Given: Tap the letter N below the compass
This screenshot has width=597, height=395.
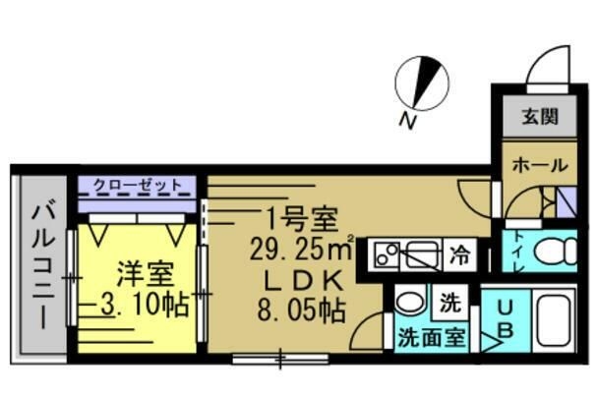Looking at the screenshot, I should [405, 122].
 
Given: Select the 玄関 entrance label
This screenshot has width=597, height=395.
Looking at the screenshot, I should [539, 117].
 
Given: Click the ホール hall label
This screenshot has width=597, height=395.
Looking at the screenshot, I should [539, 165].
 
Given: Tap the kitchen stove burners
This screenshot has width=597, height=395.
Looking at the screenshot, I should [386, 255].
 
